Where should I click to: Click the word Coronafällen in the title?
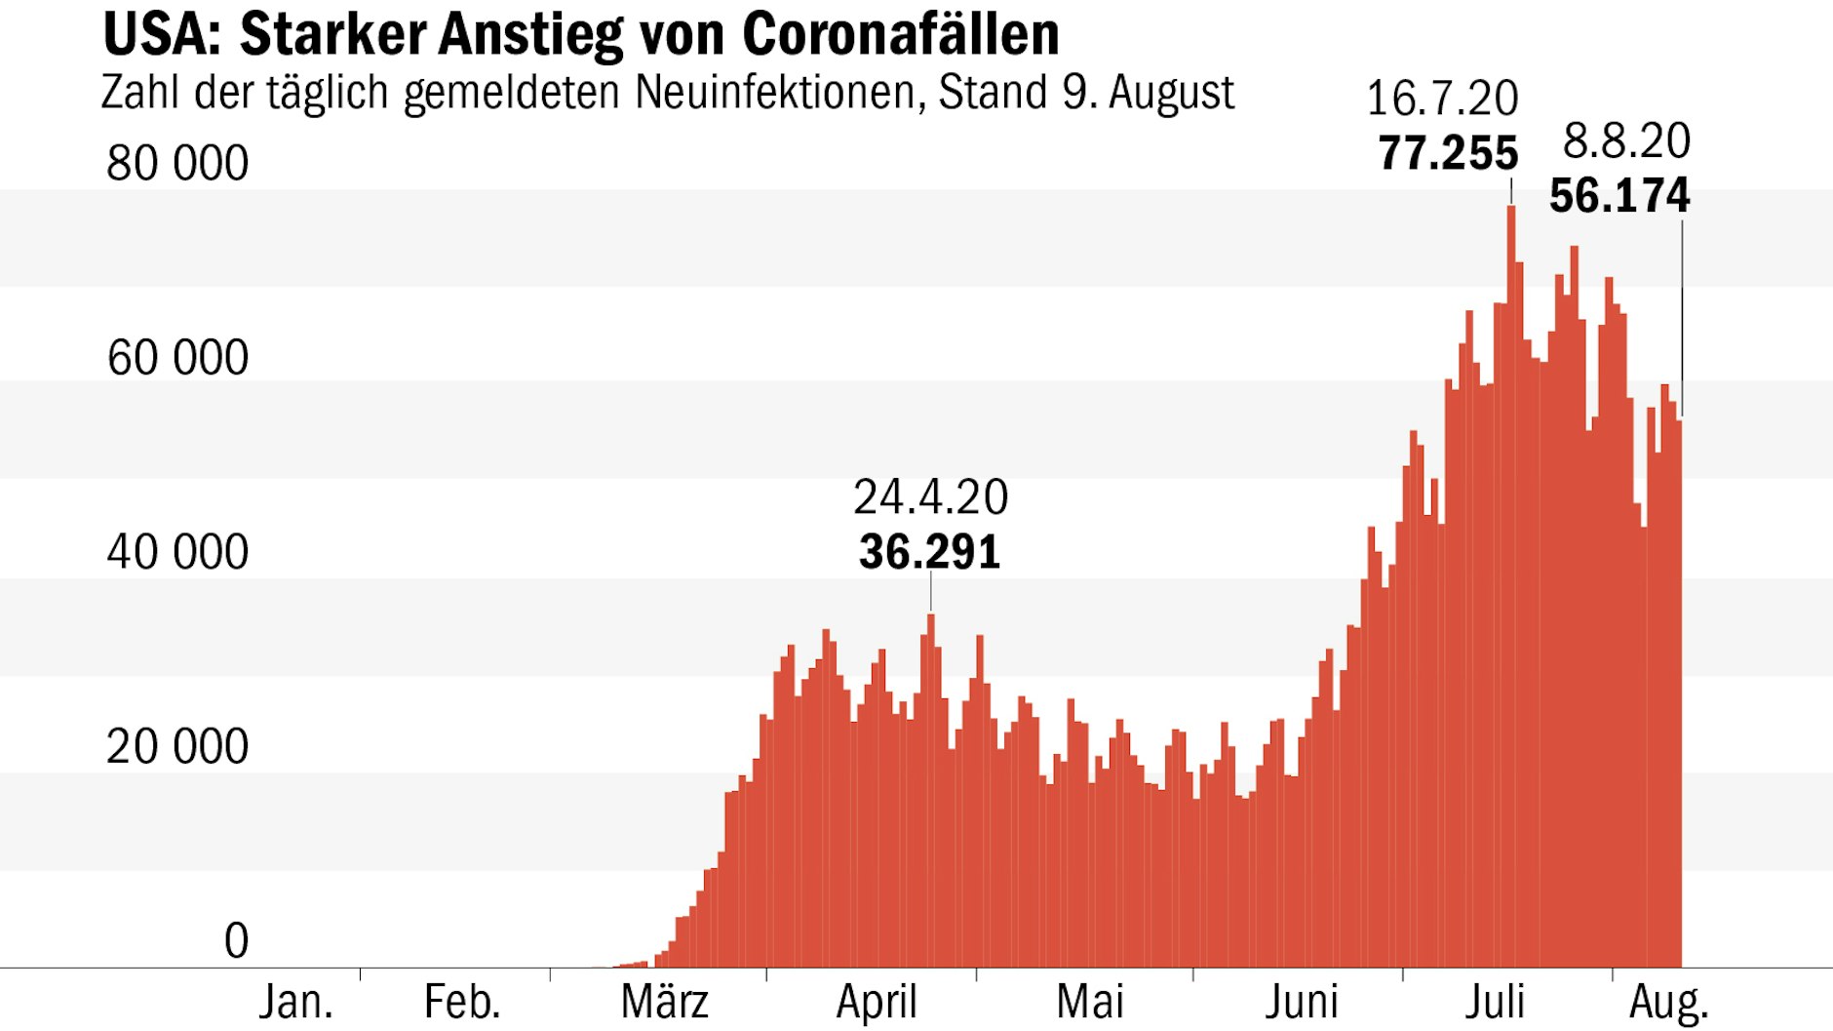click(x=900, y=35)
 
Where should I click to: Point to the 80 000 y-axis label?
click(x=177, y=163)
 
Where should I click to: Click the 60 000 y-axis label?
click(x=177, y=358)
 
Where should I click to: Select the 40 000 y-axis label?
click(x=177, y=552)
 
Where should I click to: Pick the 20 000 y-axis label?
click(x=177, y=747)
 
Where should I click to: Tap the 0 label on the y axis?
click(x=236, y=941)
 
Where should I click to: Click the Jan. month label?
click(x=295, y=1003)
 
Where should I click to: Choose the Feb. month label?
click(x=462, y=1003)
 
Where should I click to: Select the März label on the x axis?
click(x=665, y=1003)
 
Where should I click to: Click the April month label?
click(x=877, y=1003)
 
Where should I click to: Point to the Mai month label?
click(x=1090, y=1003)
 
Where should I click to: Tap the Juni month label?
click(x=1302, y=1003)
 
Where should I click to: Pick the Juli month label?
click(x=1495, y=1003)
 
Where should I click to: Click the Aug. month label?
click(x=1669, y=1003)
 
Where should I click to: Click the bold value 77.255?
click(x=1448, y=154)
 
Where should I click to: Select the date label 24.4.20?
click(x=930, y=497)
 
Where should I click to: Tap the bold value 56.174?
click(x=1619, y=196)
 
